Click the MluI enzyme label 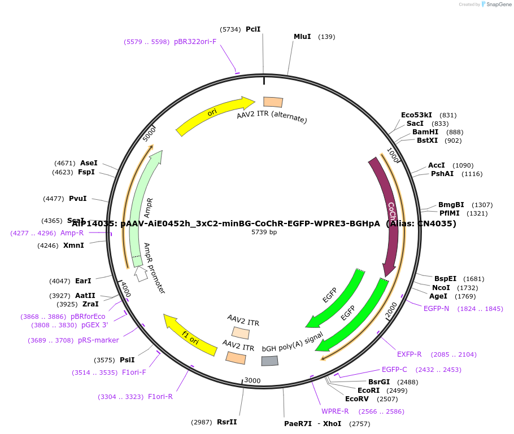click(x=302, y=37)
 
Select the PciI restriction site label click(x=253, y=29)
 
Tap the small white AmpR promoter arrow click(x=141, y=274)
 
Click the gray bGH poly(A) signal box click(x=270, y=361)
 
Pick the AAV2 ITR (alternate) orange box click(x=273, y=102)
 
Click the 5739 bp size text click(x=264, y=232)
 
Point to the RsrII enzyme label click(x=227, y=422)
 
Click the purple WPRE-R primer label click(x=335, y=411)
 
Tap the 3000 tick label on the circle click(x=252, y=381)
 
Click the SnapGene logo click(x=496, y=5)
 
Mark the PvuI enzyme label click(x=78, y=199)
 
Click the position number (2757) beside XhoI click(x=360, y=424)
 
